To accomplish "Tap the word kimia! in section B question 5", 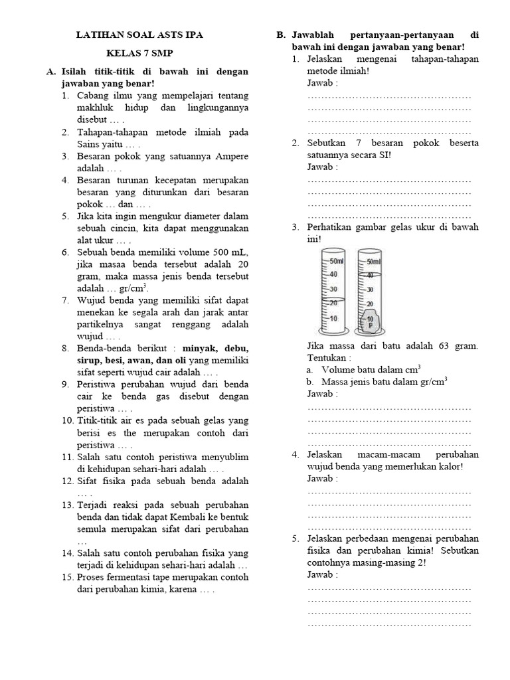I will (379, 551).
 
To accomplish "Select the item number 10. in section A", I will (67, 420).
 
